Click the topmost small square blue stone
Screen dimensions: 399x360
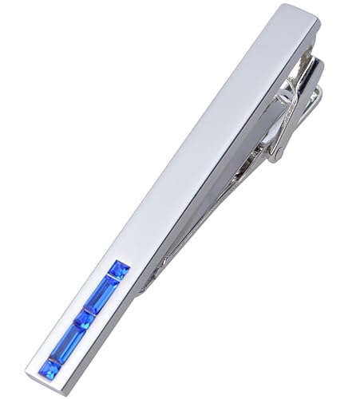click(119, 270)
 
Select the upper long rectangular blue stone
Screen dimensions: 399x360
click(102, 294)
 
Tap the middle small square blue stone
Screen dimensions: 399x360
click(84, 321)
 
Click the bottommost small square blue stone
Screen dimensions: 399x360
click(50, 369)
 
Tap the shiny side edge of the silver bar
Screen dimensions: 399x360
click(224, 160)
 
